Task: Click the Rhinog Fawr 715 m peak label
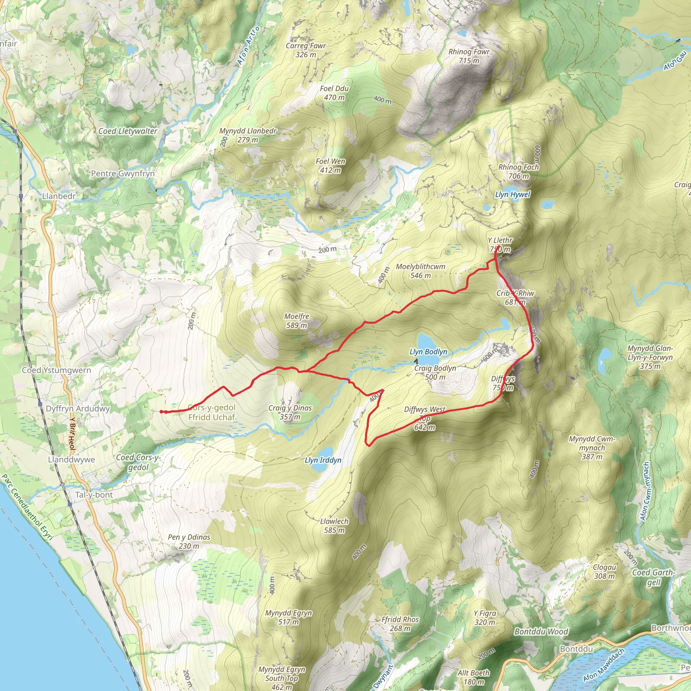(x=469, y=56)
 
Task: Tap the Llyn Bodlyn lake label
(x=428, y=352)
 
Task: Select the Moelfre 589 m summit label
(x=297, y=321)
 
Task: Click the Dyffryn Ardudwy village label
(x=78, y=409)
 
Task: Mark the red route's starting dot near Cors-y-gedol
(x=161, y=412)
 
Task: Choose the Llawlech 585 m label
(x=334, y=526)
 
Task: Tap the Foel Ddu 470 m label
(x=334, y=93)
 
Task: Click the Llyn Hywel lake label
(x=513, y=195)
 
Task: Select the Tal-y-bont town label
(x=94, y=495)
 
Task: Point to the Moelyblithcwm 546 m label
(x=421, y=271)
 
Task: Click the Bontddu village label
(x=576, y=648)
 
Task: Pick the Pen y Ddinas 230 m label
(x=189, y=542)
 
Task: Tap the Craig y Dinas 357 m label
(x=290, y=412)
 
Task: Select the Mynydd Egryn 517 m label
(x=288, y=617)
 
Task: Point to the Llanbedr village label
(x=59, y=196)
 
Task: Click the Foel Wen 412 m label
(x=330, y=166)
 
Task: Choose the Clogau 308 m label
(x=604, y=572)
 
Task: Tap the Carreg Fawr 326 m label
(x=306, y=50)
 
